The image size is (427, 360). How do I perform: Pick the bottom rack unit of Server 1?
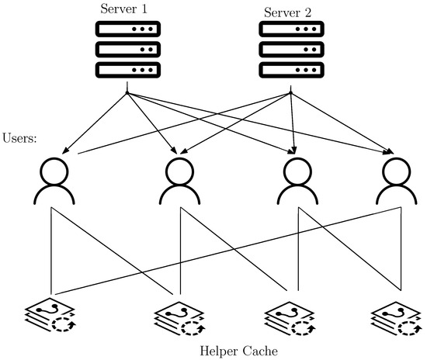127,68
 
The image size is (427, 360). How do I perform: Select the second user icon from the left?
181,180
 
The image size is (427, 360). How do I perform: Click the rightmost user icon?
396,180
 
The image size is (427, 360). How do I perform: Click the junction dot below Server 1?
127,95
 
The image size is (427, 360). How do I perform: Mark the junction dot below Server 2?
290,95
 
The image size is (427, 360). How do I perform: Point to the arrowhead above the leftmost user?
58,150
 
